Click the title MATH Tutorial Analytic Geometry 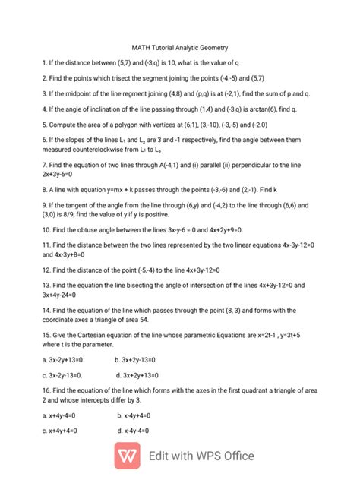point(180,47)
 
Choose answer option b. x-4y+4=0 point(134,415)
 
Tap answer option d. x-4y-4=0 point(134,431)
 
